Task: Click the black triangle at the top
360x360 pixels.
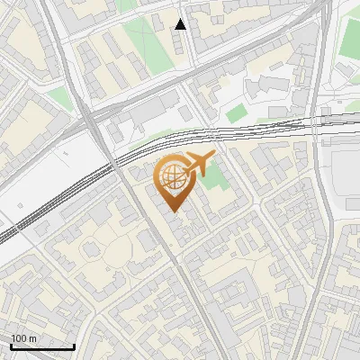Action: [181, 24]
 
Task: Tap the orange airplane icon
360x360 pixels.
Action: [198, 165]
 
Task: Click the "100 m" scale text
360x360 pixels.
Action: [24, 338]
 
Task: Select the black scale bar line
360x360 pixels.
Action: [41, 346]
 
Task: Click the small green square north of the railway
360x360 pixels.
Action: [236, 114]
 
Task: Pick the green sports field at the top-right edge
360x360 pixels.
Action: [351, 36]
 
